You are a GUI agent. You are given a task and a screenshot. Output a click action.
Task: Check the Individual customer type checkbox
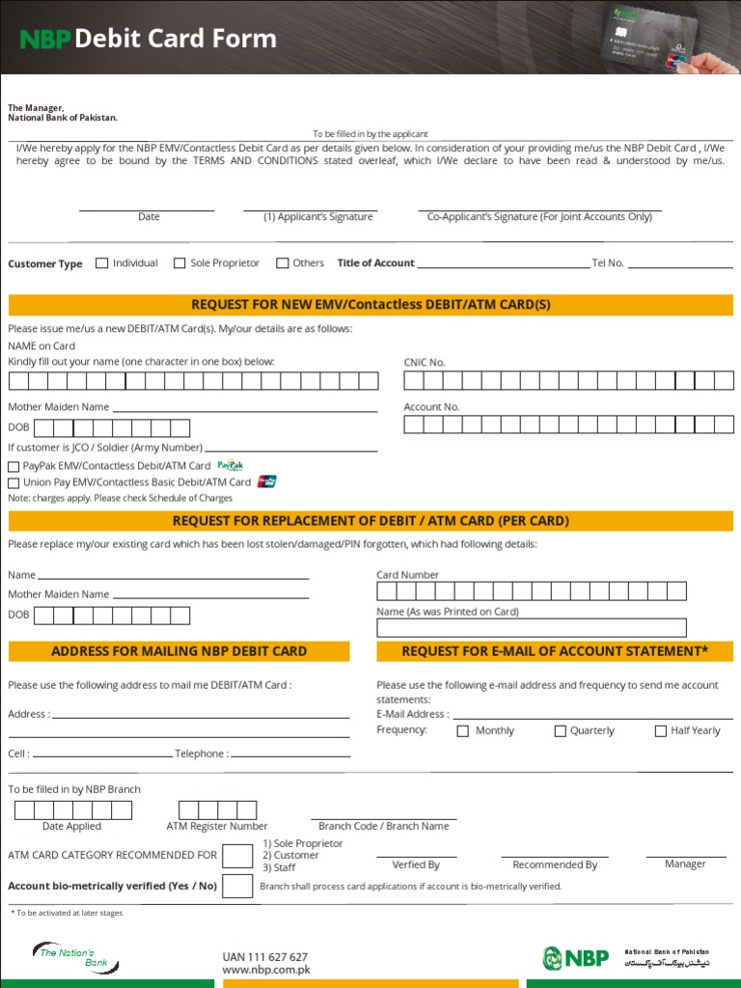101,263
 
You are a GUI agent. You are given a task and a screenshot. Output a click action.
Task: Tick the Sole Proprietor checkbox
179,263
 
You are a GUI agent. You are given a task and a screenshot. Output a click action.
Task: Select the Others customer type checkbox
282,263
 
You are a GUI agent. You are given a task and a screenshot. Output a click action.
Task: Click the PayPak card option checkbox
14,467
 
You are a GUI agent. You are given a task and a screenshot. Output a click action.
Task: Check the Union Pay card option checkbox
14,482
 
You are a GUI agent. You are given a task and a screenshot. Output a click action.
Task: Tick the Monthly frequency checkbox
463,731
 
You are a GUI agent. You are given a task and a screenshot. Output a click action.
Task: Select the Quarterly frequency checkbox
560,731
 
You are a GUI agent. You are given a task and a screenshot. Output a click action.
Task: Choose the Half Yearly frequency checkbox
661,731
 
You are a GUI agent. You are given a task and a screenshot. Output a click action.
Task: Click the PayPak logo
230,465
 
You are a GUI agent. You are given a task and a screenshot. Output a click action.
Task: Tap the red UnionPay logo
267,481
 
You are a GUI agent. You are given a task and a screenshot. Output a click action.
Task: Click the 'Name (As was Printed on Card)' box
532,628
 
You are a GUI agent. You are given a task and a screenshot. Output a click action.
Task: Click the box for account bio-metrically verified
237,886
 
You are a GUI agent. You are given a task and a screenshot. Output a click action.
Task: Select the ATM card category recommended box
237,856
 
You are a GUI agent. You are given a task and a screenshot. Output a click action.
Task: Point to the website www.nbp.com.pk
266,970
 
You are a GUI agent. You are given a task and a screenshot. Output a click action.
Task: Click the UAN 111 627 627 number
265,956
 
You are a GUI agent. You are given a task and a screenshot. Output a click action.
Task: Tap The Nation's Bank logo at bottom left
69,956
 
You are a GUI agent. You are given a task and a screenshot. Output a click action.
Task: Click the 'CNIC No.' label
425,363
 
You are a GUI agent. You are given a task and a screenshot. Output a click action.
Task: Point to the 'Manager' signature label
685,864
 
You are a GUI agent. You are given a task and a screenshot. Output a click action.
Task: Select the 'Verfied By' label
416,865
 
